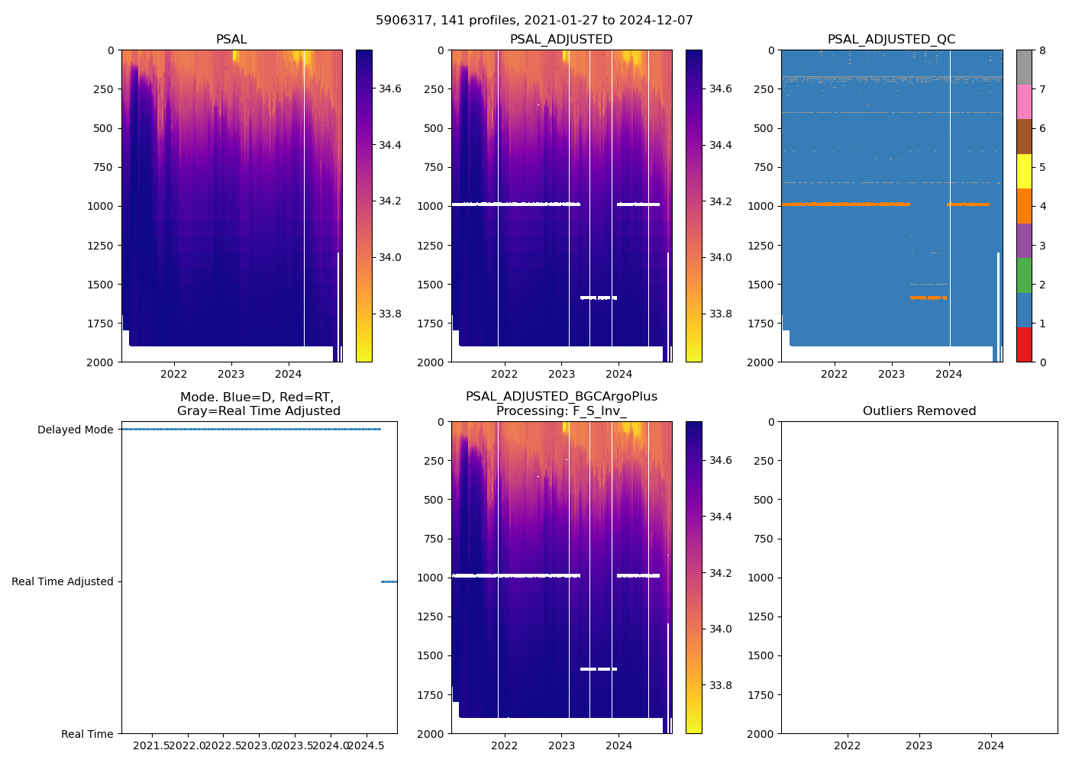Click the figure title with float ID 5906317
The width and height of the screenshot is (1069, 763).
(x=534, y=21)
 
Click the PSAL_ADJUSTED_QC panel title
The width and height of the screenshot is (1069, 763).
(x=891, y=40)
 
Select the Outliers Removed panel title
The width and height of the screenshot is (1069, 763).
(x=919, y=411)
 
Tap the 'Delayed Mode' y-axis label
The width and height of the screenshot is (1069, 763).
(x=75, y=430)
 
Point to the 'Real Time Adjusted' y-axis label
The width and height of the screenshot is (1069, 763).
(x=62, y=581)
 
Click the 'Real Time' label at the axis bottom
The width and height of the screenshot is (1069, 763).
(x=87, y=734)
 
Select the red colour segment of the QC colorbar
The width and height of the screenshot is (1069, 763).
(x=1024, y=345)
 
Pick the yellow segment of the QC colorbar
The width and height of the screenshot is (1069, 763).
(x=1024, y=172)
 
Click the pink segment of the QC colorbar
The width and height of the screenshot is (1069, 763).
(x=1024, y=102)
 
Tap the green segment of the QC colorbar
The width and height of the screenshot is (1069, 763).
(x=1024, y=275)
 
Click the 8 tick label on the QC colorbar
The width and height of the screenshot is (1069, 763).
(x=1042, y=50)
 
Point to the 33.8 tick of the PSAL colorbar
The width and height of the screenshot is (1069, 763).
(x=390, y=314)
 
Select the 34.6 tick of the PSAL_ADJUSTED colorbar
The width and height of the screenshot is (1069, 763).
(x=720, y=89)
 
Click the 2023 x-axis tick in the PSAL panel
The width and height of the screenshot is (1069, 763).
(x=231, y=374)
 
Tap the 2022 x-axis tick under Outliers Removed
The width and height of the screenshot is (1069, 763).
(x=847, y=745)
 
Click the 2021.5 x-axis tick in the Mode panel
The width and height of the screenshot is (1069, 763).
(x=154, y=745)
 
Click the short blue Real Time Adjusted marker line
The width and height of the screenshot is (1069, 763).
(x=389, y=581)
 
